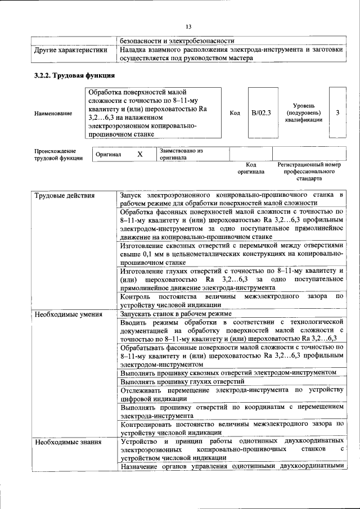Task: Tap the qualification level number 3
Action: (337, 112)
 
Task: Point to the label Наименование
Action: (53, 114)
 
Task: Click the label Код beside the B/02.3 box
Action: (235, 113)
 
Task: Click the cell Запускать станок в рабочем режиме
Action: (176, 314)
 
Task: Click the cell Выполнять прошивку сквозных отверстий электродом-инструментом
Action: (228, 372)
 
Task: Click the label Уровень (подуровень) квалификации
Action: (303, 112)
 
